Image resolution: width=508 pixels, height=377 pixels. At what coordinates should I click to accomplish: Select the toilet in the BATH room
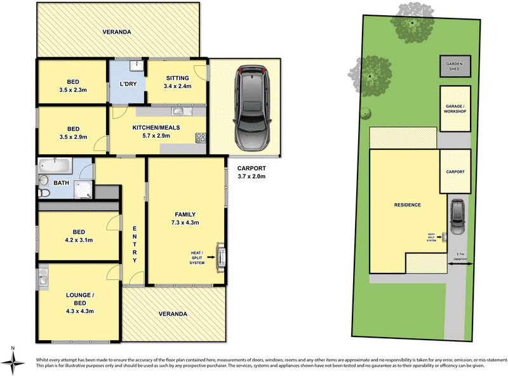pos(43,192)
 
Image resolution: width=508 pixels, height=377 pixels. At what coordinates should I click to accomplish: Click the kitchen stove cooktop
pos(201,138)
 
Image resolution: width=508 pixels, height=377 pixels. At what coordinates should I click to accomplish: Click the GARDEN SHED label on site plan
pos(455,66)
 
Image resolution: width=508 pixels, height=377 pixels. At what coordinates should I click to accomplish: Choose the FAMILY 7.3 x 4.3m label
pos(185,218)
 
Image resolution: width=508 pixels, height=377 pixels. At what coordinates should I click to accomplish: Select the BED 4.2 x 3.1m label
pos(79,235)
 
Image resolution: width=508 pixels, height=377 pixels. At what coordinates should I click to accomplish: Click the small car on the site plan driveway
pos(457,218)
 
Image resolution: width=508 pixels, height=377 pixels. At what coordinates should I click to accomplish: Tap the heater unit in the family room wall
pos(221,256)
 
